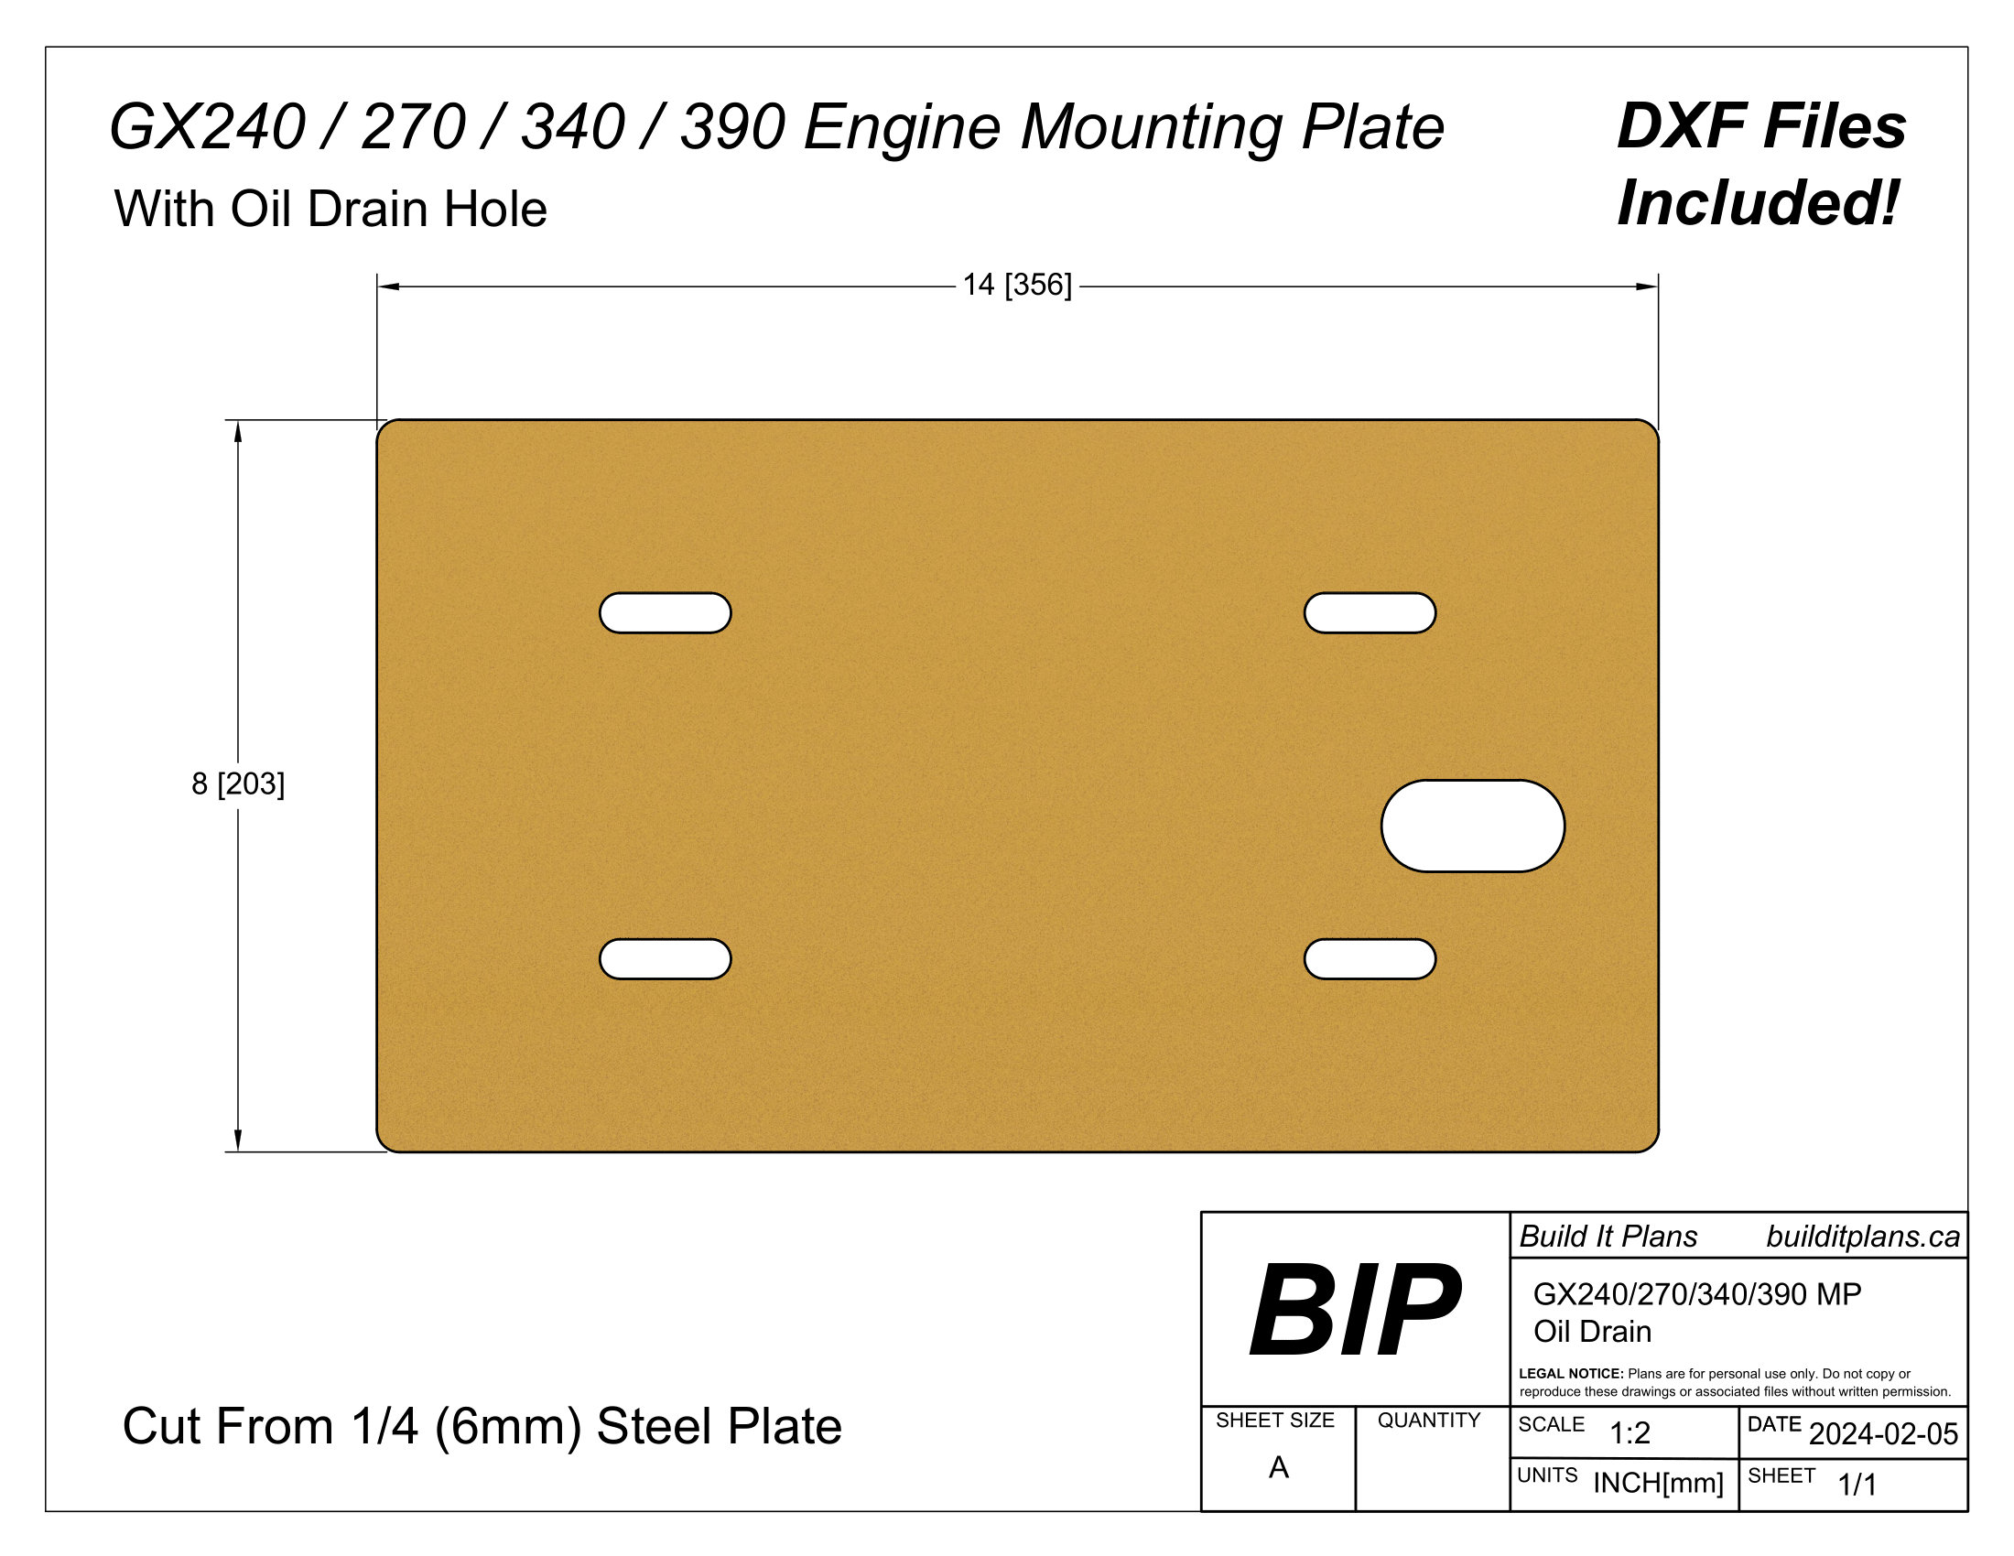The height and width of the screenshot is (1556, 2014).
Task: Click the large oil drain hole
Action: pos(1472,826)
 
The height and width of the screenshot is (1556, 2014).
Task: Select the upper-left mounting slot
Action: pos(665,613)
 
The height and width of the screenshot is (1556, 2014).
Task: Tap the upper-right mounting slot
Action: pos(1370,613)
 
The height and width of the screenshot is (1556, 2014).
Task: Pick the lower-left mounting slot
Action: pos(665,958)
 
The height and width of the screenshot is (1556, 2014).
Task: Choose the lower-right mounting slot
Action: pos(1370,958)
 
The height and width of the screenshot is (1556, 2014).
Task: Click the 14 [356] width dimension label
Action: pos(1017,285)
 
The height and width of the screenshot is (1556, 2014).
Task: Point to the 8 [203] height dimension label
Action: pos(238,783)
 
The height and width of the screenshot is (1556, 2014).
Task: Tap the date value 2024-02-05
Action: pos(1883,1434)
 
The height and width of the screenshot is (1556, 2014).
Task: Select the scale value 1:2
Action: pos(1630,1433)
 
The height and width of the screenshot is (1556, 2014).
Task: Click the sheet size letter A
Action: pos(1278,1467)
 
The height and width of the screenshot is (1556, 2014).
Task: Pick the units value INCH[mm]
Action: pos(1658,1483)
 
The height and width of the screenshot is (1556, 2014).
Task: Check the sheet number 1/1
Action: pos(1857,1485)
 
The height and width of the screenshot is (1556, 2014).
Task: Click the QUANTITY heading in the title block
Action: pos(1428,1421)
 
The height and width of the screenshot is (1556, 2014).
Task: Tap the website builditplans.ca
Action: pos(1863,1237)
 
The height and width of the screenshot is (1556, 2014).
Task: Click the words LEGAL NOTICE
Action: pos(1570,1374)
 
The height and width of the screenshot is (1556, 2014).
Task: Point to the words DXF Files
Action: pos(1761,126)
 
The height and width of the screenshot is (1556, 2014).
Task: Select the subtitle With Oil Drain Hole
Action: pos(330,210)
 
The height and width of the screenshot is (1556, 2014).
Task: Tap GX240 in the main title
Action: pos(208,127)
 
